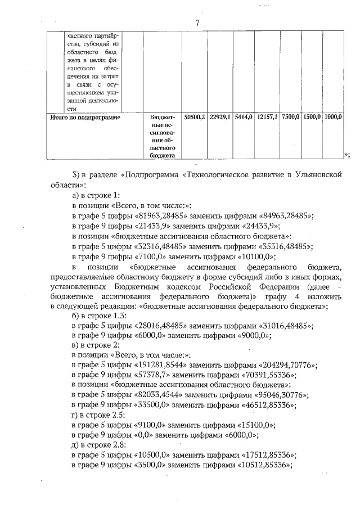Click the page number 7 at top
197,22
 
